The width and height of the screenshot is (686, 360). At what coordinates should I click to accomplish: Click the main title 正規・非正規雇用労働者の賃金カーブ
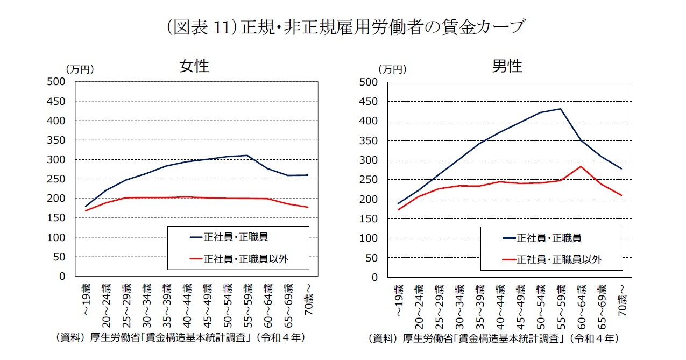pyautogui.click(x=344, y=26)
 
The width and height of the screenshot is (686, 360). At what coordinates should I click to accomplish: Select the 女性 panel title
pyautogui.click(x=194, y=66)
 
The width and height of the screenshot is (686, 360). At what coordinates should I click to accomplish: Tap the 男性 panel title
pyautogui.click(x=507, y=66)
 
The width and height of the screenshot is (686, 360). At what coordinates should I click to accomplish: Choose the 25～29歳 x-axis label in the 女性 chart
pyautogui.click(x=125, y=305)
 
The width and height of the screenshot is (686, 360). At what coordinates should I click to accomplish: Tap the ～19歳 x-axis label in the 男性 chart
pyautogui.click(x=398, y=299)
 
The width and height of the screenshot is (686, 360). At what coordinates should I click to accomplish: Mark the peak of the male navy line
pyautogui.click(x=560, y=109)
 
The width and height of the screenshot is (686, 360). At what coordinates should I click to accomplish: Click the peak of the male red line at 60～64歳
pyautogui.click(x=581, y=166)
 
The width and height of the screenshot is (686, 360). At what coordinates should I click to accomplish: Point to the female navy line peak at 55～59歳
pyautogui.click(x=247, y=156)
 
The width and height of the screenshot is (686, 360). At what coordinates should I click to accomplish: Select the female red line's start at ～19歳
pyautogui.click(x=86, y=210)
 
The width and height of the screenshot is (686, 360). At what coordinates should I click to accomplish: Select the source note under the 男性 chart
pyautogui.click(x=493, y=338)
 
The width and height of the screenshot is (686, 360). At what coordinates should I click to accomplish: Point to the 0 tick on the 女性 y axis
pyautogui.click(x=62, y=277)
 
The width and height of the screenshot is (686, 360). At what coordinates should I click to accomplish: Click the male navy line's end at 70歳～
pyautogui.click(x=621, y=169)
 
